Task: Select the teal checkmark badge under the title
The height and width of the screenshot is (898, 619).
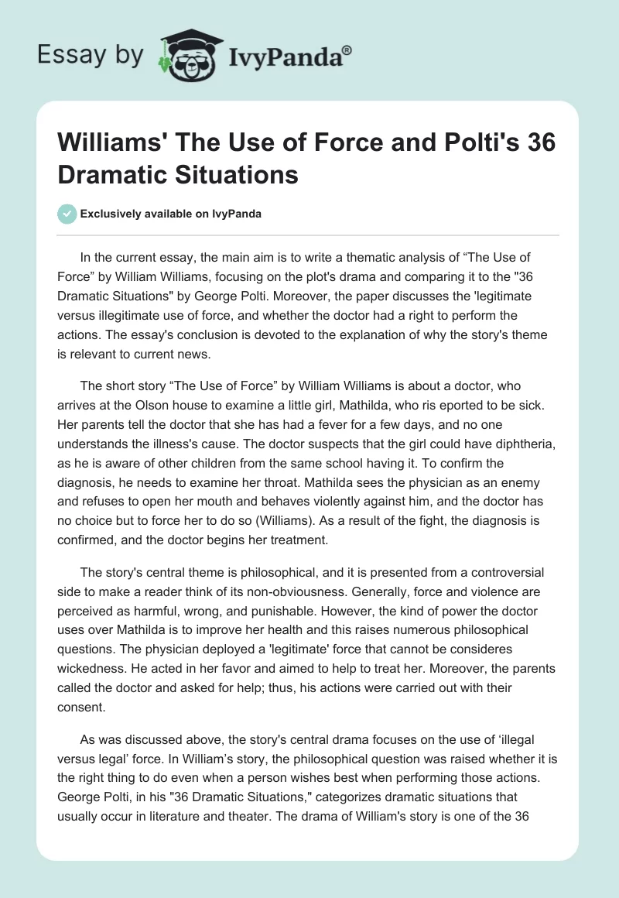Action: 67,214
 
